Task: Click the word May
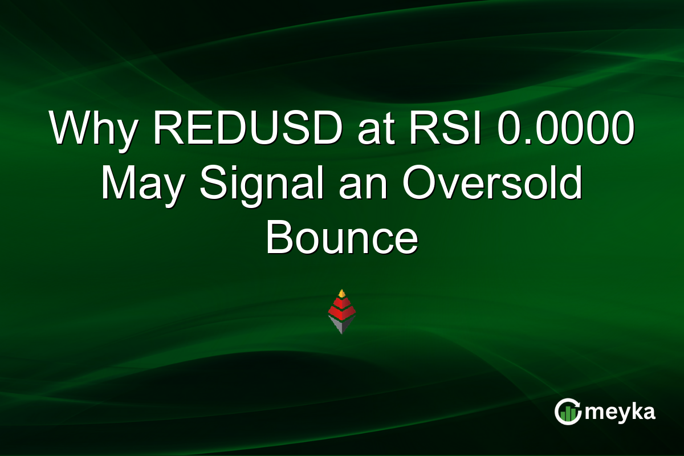coord(142,185)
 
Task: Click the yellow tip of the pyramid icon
coord(342,293)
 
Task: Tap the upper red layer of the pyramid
coord(342,302)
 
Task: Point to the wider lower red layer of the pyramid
coord(342,312)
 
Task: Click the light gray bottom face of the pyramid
coord(336,324)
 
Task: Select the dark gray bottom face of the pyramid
coord(348,324)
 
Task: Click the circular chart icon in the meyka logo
coord(567,412)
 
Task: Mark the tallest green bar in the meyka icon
coord(572,413)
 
